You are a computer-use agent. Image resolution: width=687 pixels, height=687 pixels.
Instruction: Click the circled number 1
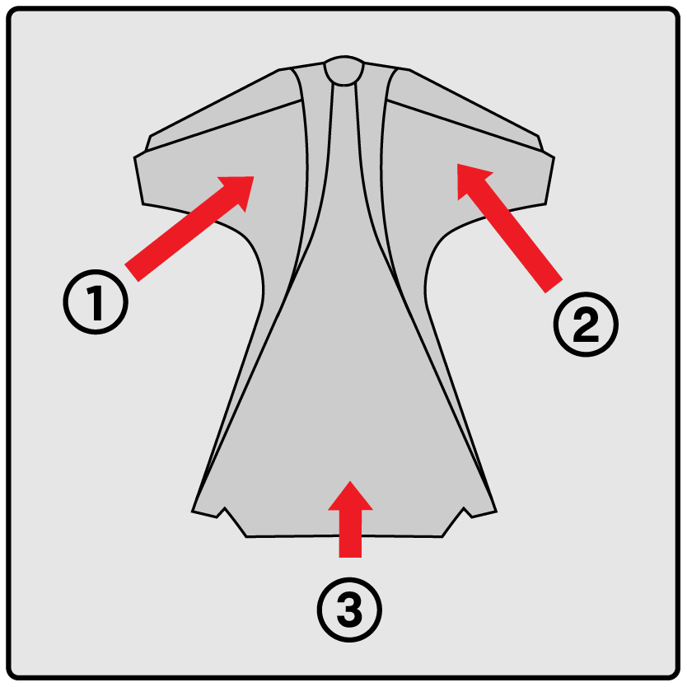coord(96,301)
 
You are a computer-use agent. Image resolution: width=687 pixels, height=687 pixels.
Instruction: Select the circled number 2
coord(586,325)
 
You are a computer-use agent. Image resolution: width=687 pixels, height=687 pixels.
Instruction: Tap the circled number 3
coord(349,610)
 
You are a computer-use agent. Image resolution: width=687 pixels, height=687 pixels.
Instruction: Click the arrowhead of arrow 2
coord(471,180)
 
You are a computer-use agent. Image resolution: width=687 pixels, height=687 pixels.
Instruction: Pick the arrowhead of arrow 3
coord(350,496)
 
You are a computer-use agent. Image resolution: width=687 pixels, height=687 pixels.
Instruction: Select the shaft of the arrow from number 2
coord(515,236)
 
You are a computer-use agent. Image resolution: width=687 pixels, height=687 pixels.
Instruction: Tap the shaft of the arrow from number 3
coord(350,534)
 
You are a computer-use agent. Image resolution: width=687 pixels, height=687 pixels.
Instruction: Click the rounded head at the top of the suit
coord(344,70)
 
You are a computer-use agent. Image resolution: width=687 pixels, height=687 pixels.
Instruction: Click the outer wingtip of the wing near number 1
coord(138,180)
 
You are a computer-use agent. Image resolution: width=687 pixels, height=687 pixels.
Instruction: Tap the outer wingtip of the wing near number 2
coord(550,180)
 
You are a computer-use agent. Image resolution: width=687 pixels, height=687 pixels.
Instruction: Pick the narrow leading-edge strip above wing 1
coord(219,113)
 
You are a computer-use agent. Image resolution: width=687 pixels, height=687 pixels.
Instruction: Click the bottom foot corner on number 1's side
coord(193,511)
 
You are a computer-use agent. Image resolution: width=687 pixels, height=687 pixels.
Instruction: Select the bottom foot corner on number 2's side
coord(496,511)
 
